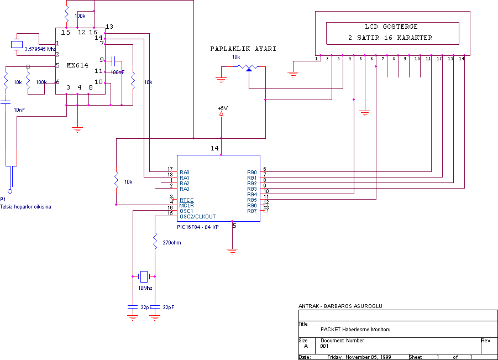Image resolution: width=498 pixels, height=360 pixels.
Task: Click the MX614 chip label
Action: [78, 65]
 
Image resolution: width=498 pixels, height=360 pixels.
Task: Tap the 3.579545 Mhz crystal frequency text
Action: [40, 49]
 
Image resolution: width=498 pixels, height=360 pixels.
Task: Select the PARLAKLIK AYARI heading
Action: [243, 49]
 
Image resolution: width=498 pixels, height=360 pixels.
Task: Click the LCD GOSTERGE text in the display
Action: [391, 27]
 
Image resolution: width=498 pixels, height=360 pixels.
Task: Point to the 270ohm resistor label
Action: [171, 243]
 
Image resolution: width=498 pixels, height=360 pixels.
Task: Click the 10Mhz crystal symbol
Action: [144, 276]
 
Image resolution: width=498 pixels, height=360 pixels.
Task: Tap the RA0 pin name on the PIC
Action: [185, 172]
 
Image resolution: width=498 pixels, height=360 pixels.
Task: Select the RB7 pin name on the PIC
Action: [252, 211]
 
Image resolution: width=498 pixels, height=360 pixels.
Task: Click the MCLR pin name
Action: [186, 205]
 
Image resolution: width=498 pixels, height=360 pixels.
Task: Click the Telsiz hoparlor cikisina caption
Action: [25, 206]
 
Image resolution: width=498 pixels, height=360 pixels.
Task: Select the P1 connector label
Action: [3, 199]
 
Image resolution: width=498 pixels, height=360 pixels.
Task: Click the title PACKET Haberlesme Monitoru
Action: [355, 329]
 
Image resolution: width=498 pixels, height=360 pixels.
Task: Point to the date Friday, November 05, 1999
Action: [359, 357]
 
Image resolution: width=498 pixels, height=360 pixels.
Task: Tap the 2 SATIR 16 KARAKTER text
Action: [391, 38]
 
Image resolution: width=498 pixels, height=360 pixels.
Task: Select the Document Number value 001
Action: [324, 346]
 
